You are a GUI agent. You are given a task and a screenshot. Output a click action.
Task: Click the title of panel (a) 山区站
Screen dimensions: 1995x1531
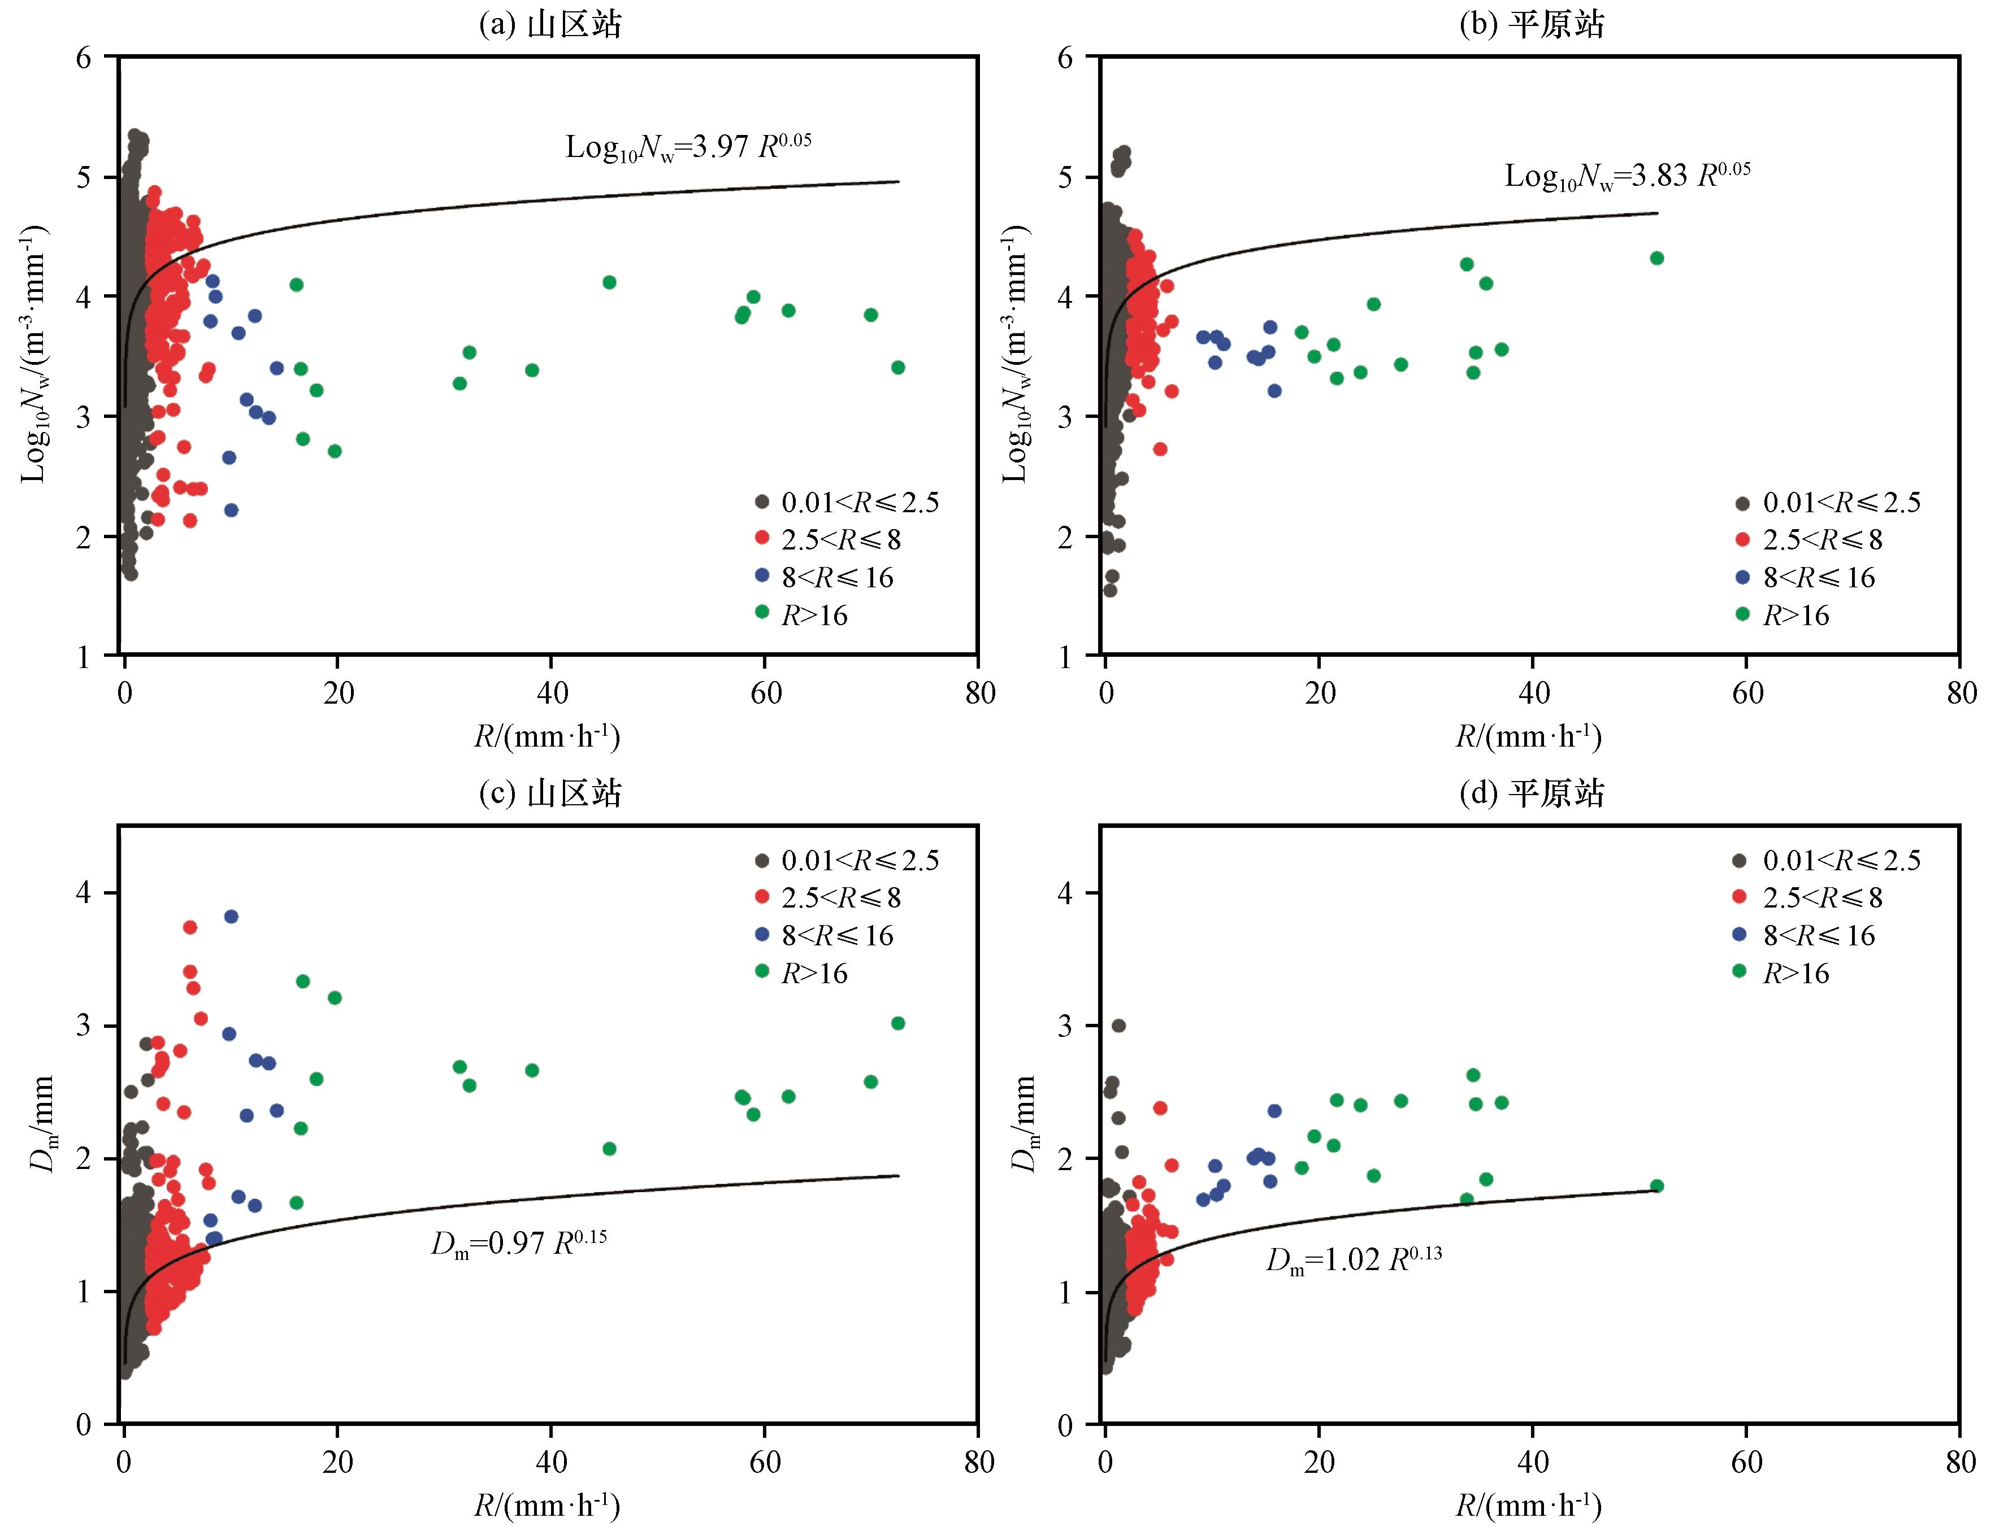point(550,25)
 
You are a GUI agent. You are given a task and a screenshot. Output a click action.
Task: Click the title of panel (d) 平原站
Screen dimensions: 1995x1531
point(1532,794)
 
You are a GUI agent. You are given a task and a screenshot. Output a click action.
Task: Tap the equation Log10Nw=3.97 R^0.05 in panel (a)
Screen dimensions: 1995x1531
point(688,147)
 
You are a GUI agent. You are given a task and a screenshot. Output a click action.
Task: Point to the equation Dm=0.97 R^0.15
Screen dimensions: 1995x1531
point(519,1243)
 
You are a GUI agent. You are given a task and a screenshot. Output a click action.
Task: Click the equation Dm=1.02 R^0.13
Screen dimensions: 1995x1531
point(1354,1259)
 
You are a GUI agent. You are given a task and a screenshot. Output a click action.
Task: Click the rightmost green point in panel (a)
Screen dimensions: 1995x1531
point(898,367)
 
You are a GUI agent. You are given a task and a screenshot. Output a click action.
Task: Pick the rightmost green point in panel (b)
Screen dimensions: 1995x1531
point(1656,258)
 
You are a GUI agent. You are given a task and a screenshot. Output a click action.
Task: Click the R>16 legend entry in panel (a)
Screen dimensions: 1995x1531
point(803,615)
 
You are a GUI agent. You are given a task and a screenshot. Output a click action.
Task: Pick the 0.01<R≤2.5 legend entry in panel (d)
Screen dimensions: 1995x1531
point(1827,860)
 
